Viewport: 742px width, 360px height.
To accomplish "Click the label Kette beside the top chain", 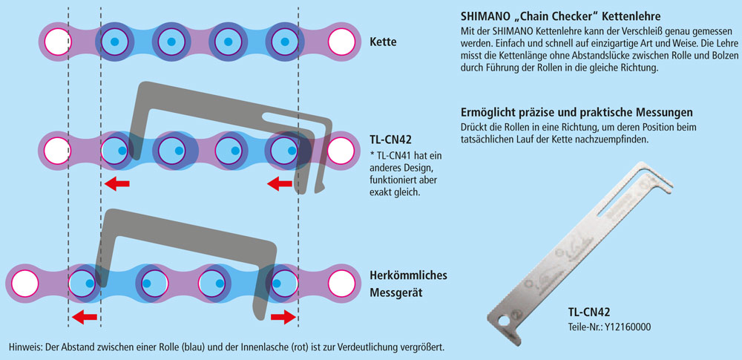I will point(383,42).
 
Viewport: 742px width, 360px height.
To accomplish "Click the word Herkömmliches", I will point(408,275).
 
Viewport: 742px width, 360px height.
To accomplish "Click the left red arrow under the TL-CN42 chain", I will point(116,183).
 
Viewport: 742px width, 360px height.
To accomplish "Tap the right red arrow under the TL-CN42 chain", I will point(280,183).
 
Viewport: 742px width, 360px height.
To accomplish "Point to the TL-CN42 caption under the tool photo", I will point(590,312).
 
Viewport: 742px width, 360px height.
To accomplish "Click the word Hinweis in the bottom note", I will point(26,347).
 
